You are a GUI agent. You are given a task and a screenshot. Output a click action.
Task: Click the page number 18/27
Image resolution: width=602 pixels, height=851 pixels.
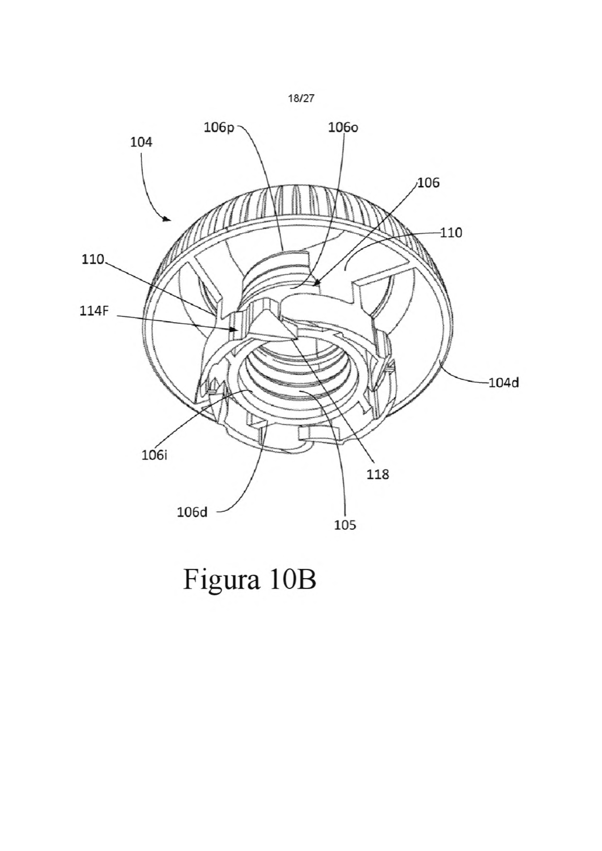[x=301, y=99]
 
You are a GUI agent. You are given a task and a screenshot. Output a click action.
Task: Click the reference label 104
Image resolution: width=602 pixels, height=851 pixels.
[x=141, y=142]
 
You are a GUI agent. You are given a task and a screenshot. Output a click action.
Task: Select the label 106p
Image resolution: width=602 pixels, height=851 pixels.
[x=219, y=128]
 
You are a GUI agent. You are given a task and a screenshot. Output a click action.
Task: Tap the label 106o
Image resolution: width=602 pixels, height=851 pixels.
[x=343, y=128]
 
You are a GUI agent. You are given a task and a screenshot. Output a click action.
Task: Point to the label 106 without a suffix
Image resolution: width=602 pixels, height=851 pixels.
[x=428, y=183]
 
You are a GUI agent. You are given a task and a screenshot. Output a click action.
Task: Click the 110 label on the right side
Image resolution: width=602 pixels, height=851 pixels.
[x=451, y=233]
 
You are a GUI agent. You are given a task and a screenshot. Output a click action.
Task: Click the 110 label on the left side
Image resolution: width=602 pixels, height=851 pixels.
[x=92, y=259]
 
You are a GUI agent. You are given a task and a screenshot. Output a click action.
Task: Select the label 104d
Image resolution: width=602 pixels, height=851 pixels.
[x=504, y=382]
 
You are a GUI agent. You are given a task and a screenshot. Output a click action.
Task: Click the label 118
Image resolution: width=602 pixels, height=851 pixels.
[x=378, y=474]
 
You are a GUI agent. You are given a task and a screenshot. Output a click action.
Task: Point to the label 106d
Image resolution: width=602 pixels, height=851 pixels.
[x=192, y=512]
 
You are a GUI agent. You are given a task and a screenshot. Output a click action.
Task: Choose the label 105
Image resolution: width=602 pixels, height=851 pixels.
[x=345, y=525]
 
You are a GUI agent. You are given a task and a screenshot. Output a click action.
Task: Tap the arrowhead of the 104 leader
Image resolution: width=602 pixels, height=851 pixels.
[x=167, y=219]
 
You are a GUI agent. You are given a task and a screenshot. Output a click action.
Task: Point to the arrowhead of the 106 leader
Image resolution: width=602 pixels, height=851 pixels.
[x=318, y=283]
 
